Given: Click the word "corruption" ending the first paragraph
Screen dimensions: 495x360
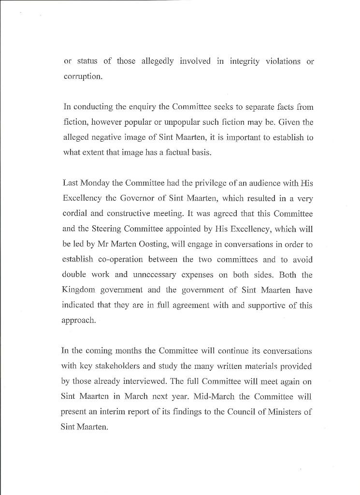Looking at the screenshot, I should point(83,77).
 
